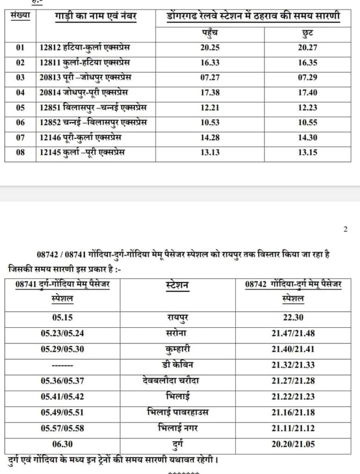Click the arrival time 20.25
(210, 47)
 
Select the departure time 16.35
(308, 62)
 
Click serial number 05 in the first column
(20, 107)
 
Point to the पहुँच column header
(210, 33)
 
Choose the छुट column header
(308, 33)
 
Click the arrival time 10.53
(210, 123)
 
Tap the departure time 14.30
(308, 137)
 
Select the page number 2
(345, 229)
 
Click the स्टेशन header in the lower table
(177, 285)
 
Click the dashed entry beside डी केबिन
(62, 365)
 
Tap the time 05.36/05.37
(62, 381)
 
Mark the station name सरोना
(177, 334)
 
